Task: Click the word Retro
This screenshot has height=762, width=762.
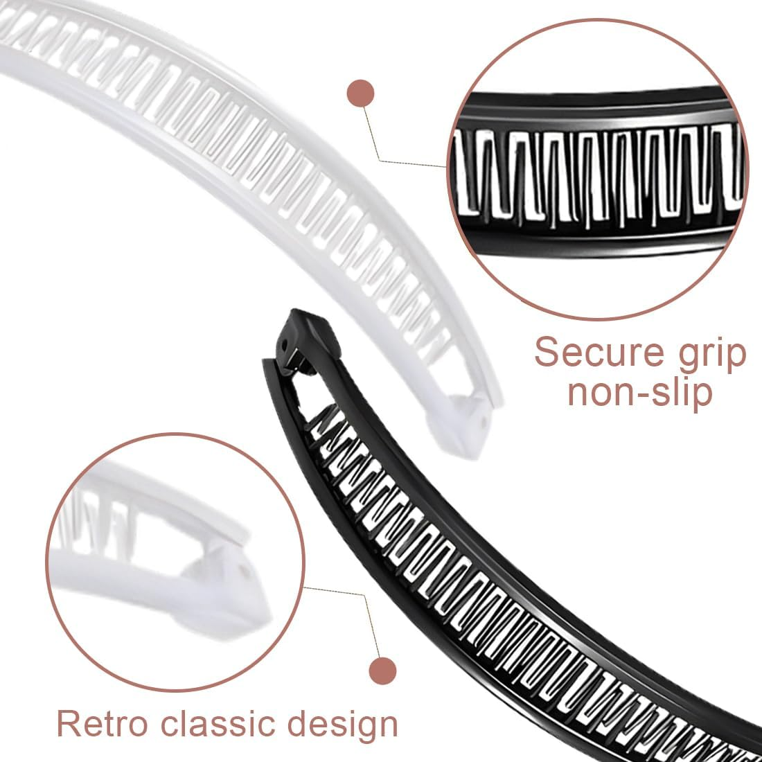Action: [x=102, y=723]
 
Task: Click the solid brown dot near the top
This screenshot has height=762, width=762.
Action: [x=360, y=93]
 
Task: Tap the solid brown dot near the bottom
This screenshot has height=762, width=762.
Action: [x=382, y=671]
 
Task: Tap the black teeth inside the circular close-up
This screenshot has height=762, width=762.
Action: [x=596, y=173]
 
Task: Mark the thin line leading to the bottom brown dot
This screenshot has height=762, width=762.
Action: [x=360, y=610]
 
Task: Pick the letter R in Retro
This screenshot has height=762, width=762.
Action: [x=69, y=723]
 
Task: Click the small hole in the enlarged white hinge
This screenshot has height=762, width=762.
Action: [x=242, y=570]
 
